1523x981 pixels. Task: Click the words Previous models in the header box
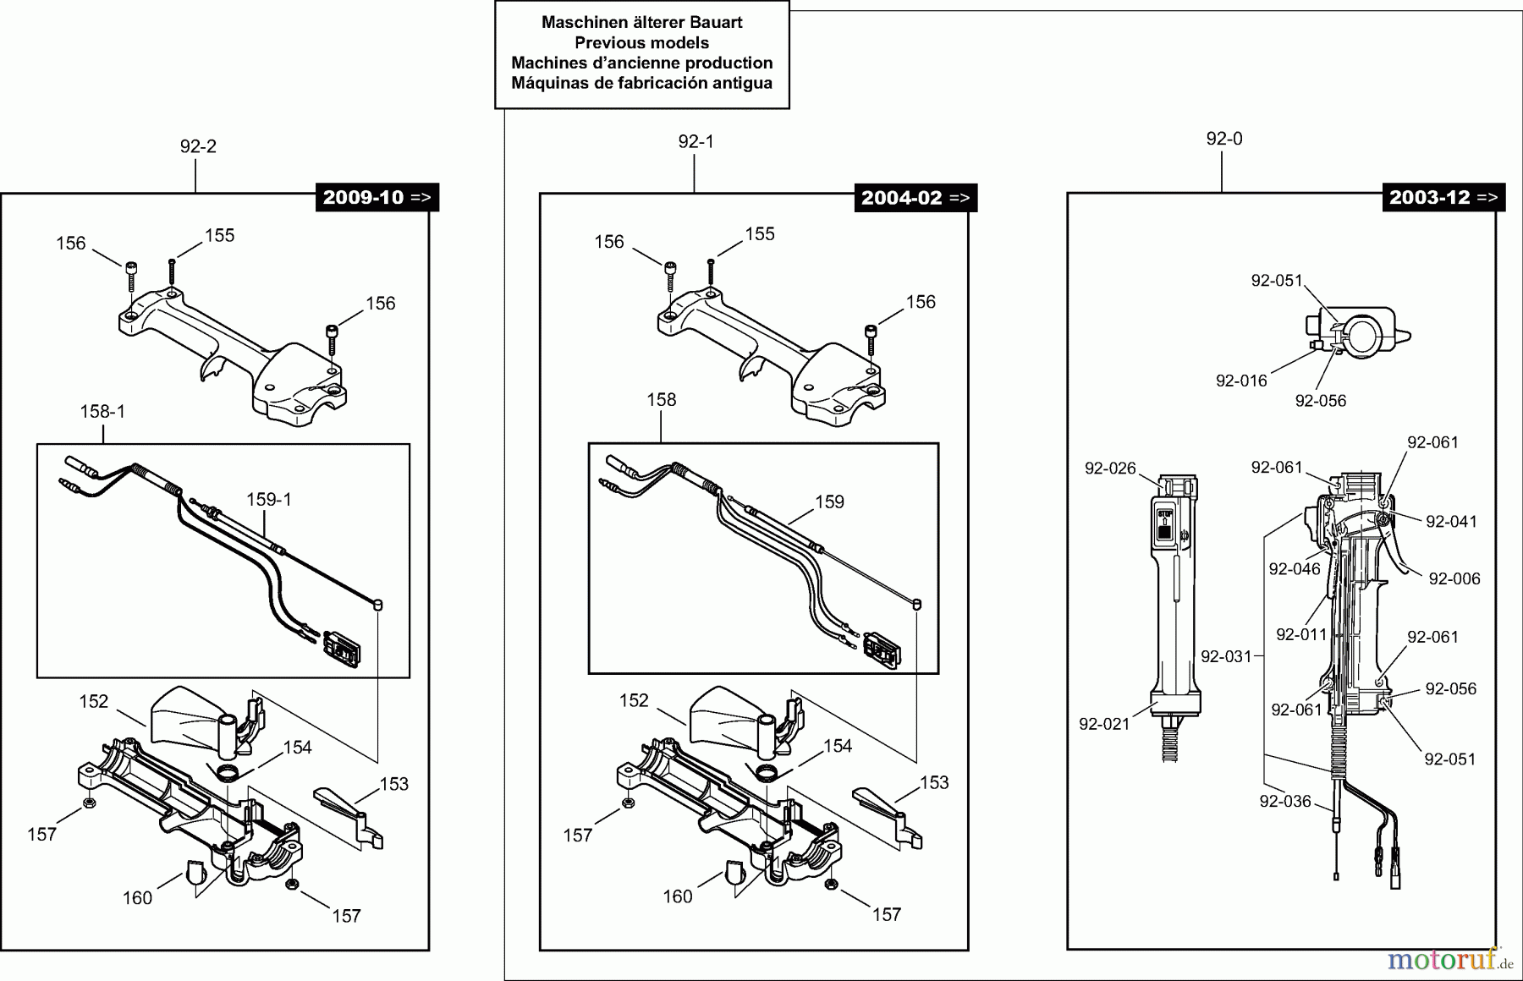(641, 42)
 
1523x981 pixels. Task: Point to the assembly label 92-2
(198, 146)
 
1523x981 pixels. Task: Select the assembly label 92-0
(1224, 139)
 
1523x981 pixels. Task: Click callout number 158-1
(102, 412)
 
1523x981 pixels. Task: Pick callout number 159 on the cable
(829, 502)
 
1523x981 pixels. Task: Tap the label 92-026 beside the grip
(1110, 469)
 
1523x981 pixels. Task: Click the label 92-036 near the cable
(1284, 801)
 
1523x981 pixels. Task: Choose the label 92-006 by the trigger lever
(1454, 578)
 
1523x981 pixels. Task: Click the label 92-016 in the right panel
(1241, 381)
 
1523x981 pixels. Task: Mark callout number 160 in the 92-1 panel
(677, 896)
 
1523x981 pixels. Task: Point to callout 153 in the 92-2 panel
(393, 784)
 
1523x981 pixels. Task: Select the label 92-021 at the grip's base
(1104, 724)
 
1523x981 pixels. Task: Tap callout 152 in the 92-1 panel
(634, 700)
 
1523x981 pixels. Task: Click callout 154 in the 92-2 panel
(297, 748)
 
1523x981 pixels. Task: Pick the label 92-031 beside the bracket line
(1226, 656)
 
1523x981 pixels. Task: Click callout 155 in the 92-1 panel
(759, 234)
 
